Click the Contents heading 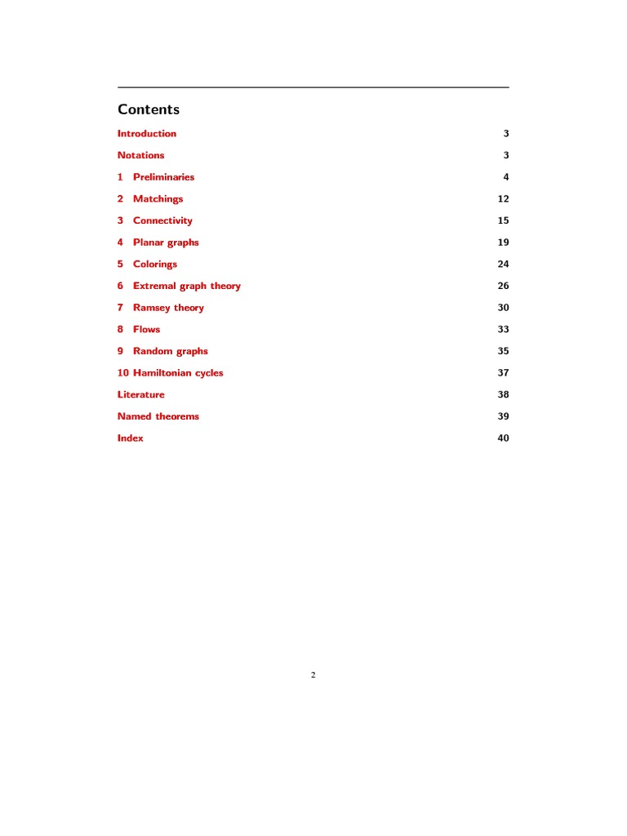pyautogui.click(x=149, y=109)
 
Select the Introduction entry pyautogui.click(x=147, y=134)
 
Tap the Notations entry pyautogui.click(x=140, y=155)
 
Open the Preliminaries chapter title pyautogui.click(x=163, y=177)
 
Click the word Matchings pyautogui.click(x=158, y=199)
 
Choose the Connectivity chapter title pyautogui.click(x=162, y=220)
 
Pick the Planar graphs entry pyautogui.click(x=166, y=242)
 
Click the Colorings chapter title pyautogui.click(x=155, y=265)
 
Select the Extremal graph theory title pyautogui.click(x=186, y=286)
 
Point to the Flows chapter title pyautogui.click(x=147, y=330)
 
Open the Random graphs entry pyautogui.click(x=170, y=351)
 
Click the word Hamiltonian pyautogui.click(x=162, y=373)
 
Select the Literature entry pyautogui.click(x=140, y=395)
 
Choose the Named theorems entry pyautogui.click(x=158, y=416)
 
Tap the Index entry pyautogui.click(x=130, y=438)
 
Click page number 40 pyautogui.click(x=503, y=438)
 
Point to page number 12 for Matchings pyautogui.click(x=503, y=199)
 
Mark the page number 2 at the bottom pyautogui.click(x=313, y=675)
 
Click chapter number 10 pyautogui.click(x=123, y=373)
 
